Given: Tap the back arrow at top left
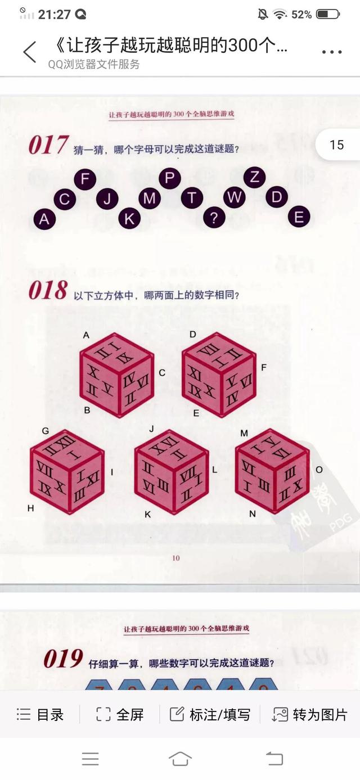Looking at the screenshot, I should point(30,52).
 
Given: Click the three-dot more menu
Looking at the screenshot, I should point(332,52).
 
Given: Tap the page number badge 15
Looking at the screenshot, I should point(336,145).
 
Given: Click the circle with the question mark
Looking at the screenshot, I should point(214,218).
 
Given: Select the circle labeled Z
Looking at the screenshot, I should point(254,177).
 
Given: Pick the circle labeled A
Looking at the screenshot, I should point(44,219).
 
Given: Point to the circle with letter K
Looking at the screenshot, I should point(129,218).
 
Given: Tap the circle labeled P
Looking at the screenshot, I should point(169,178).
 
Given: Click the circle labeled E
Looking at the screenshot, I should point(299,217).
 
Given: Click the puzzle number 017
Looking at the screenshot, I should point(48,146).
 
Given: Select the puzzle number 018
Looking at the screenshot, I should point(48,291).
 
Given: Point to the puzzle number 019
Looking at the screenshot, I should point(64,659).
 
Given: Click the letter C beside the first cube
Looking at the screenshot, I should point(162,372).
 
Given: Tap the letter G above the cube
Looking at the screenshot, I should point(46,431).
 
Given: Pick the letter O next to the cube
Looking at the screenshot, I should point(319,470).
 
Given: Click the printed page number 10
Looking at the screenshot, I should point(175,558).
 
